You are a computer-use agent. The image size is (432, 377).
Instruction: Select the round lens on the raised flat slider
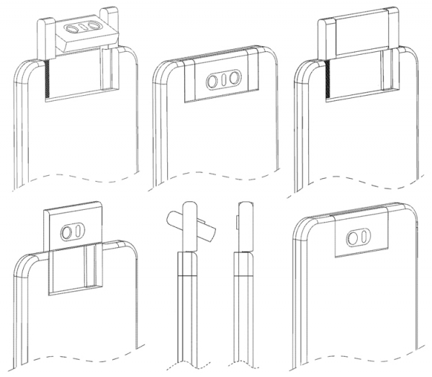pos(68,233)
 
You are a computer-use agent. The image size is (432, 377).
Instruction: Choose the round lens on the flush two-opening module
pos(354,238)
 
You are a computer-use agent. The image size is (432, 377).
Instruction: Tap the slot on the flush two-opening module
pos(364,238)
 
